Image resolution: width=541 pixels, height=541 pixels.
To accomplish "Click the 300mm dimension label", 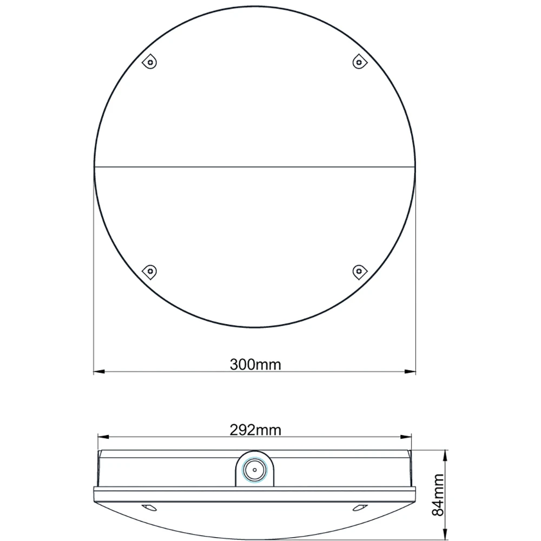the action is (x=255, y=364).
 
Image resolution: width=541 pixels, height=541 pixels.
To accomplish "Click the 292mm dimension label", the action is (x=255, y=430).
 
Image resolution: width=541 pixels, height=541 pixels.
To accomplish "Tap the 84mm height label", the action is (x=438, y=495).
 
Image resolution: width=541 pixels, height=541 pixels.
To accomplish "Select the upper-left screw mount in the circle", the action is (x=150, y=62).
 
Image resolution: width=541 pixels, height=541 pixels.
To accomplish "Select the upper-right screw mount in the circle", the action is (x=360, y=62).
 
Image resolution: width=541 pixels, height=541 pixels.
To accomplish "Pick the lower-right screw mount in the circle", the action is (x=360, y=272).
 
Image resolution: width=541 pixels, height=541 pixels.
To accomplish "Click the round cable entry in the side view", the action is (x=255, y=470).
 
